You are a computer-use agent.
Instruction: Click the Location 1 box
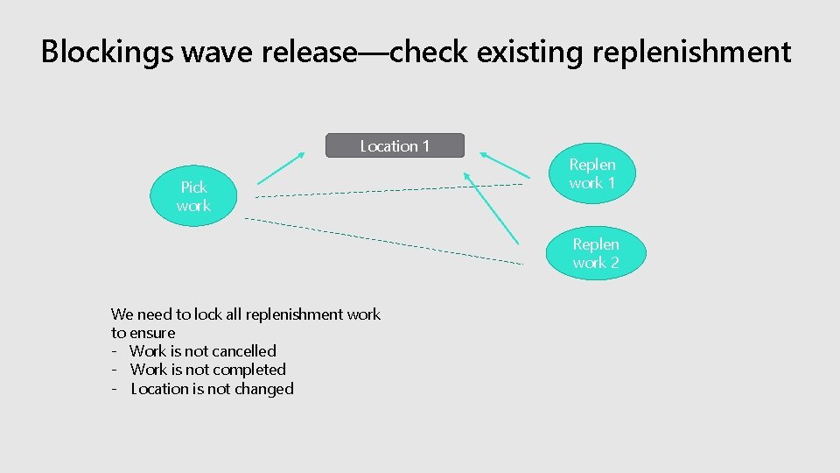[x=395, y=145]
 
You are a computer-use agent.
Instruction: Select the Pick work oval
[x=193, y=197]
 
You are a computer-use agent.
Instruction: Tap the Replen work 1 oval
[x=592, y=173]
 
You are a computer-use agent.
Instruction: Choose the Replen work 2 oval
[x=596, y=254]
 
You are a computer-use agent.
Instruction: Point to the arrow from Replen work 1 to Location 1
[x=505, y=167]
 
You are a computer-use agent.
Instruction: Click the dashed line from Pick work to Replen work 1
[x=394, y=190]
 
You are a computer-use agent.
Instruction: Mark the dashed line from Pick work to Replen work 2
[x=385, y=240]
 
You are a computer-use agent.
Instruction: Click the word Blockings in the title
[x=107, y=53]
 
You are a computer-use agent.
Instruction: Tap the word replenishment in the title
[x=691, y=53]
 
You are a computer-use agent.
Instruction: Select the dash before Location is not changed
[x=115, y=389]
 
